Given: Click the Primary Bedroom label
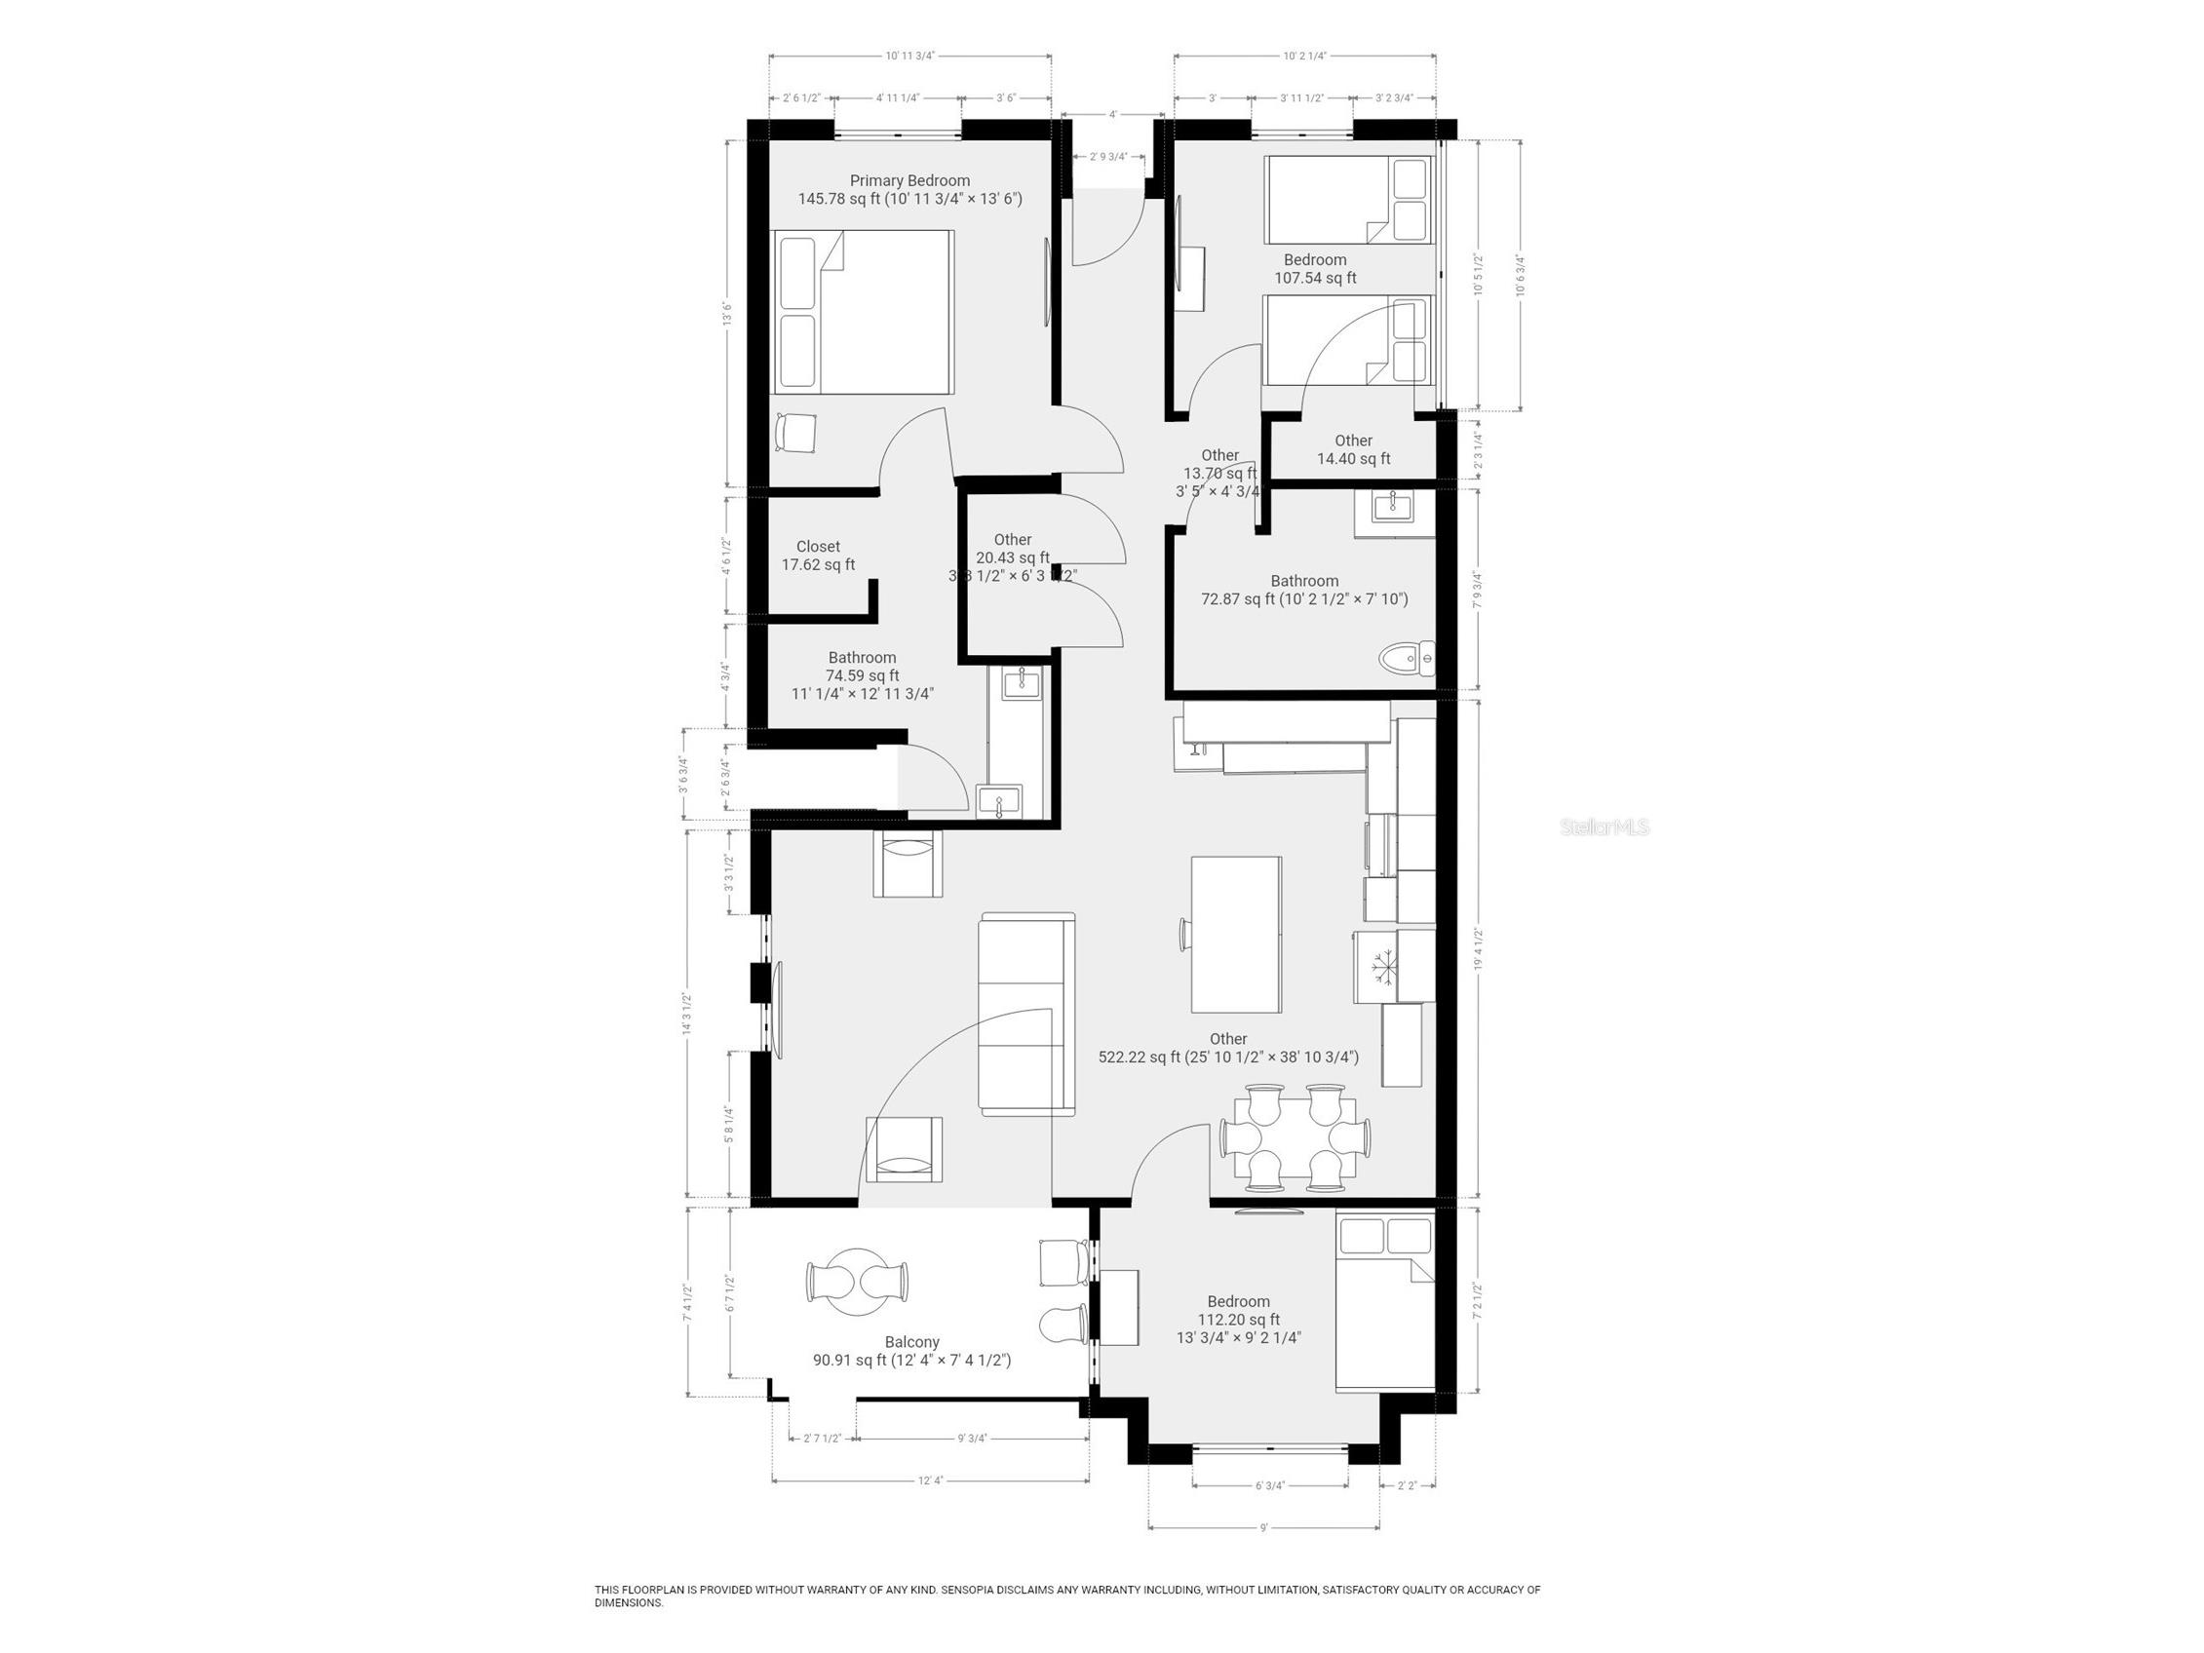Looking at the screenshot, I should pos(909,180).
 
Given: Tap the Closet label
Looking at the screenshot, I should pos(818,546).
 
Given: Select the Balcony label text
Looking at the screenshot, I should pos(911,1342).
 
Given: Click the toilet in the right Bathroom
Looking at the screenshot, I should pos(1407,658).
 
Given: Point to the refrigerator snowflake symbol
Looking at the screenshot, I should pos(1381,968).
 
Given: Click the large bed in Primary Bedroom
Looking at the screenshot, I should pos(864,311).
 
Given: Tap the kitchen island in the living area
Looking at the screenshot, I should pos(1235,934).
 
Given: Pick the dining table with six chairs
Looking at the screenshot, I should pos(1295,1137).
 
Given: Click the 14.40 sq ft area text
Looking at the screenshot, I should pos(1353,459).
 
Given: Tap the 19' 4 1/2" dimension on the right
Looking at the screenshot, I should pos(1479,948).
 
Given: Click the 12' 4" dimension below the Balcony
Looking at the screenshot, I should pos(930,1509).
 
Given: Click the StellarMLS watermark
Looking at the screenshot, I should pos(1605,827).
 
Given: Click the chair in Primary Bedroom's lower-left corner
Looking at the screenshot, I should pos(796,434).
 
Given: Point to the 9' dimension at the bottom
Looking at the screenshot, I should pos(1263,1556).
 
